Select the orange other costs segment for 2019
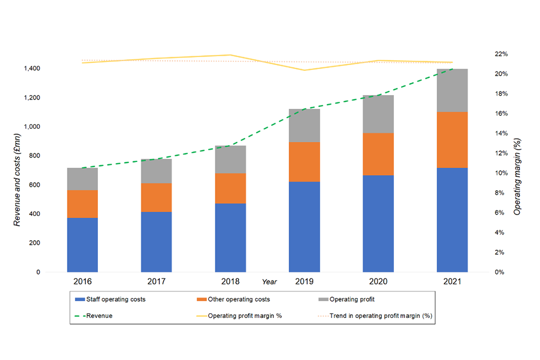click(x=304, y=162)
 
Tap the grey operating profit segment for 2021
click(x=452, y=91)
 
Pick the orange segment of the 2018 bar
click(x=231, y=188)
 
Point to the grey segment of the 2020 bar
click(x=378, y=114)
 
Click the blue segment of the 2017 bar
click(x=156, y=242)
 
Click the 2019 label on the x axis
click(x=304, y=281)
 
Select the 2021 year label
click(x=452, y=281)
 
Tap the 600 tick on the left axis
click(x=35, y=185)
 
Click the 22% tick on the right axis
click(x=502, y=54)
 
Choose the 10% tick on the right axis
click(x=502, y=173)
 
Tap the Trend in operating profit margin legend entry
click(x=375, y=316)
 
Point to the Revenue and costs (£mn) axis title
click(x=17, y=179)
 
